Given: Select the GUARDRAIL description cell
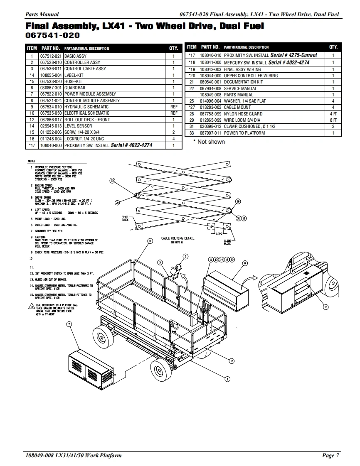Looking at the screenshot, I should click(x=75, y=88).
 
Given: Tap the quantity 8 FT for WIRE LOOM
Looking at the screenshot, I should click(x=333, y=120).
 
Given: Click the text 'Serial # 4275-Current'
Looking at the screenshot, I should click(x=293, y=55).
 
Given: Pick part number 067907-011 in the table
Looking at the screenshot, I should click(x=211, y=133).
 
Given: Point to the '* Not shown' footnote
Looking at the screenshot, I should click(x=209, y=142).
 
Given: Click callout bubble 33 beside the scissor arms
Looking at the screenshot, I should click(x=112, y=180).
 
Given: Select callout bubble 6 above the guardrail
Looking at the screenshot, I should click(x=150, y=241).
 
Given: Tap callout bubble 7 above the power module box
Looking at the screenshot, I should click(x=69, y=324).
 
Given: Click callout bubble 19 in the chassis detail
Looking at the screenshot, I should click(x=325, y=307).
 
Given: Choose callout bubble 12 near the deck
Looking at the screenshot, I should click(x=232, y=361).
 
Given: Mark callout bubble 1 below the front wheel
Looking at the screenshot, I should click(x=227, y=378).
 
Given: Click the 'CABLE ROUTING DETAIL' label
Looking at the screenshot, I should click(x=178, y=238).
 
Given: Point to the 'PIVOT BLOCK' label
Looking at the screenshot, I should click(x=125, y=218).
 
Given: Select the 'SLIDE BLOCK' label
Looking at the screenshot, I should click(x=227, y=242).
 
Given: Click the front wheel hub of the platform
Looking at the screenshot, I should click(x=158, y=369).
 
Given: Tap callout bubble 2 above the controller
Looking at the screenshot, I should click(x=186, y=257).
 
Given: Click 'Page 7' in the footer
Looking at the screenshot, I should click(x=330, y=456).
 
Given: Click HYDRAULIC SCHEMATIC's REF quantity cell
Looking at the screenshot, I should click(x=174, y=107).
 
